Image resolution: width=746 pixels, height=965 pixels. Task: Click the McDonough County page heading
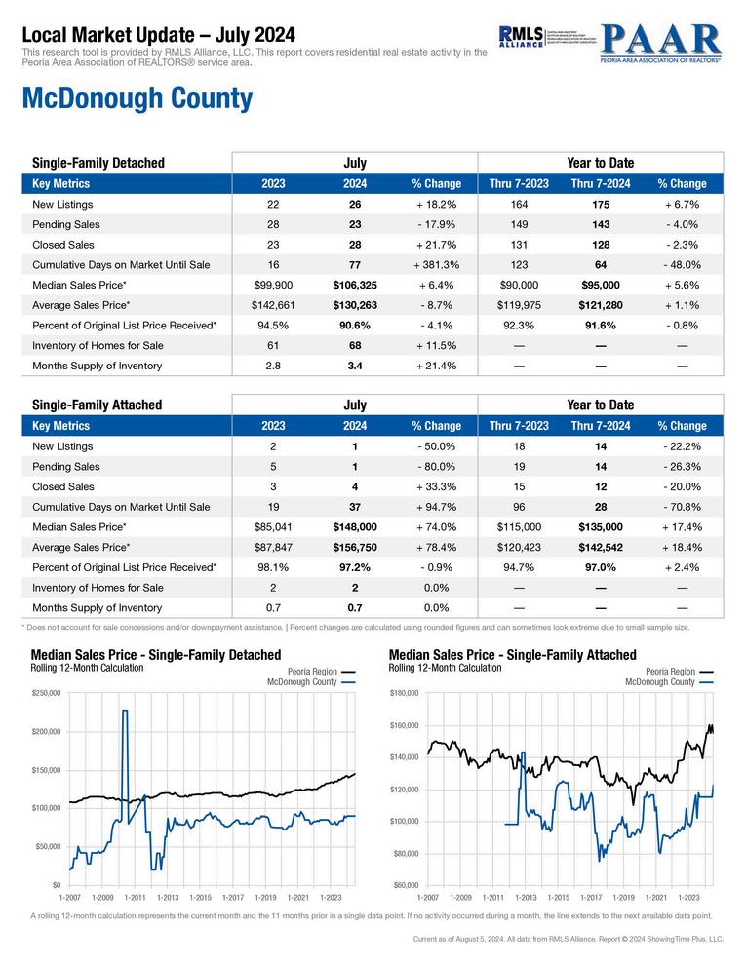coord(137,99)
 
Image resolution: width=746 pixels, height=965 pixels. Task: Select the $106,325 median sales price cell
coord(355,285)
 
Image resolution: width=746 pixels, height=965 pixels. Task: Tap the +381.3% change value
coord(436,264)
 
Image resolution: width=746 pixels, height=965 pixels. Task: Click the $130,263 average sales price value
coord(355,305)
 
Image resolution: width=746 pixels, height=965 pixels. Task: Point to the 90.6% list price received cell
coord(355,326)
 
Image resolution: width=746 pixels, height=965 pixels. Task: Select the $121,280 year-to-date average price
coord(601,305)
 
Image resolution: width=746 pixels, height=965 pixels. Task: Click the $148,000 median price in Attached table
coord(355,527)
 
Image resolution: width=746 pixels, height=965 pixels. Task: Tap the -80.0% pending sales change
coord(436,467)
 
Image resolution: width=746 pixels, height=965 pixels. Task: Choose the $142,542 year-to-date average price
coord(601,548)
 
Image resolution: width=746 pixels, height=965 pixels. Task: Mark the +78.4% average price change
coord(436,548)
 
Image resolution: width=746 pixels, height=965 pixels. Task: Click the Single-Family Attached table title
coord(98,405)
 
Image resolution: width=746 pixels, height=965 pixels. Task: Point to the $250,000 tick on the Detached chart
coord(46,693)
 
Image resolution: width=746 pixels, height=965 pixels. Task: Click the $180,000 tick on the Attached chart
coord(404,693)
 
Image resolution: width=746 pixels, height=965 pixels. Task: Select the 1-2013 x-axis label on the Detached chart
coord(168,896)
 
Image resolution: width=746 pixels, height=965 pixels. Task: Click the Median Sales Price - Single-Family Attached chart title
coord(512,655)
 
